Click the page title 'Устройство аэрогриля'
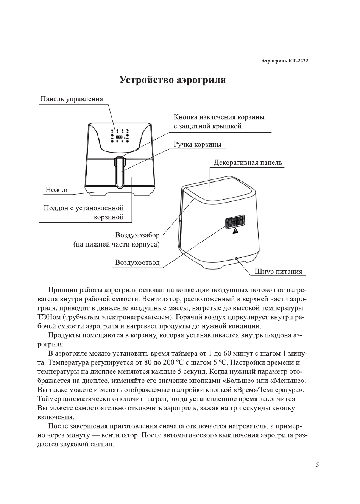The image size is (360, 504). click(x=173, y=80)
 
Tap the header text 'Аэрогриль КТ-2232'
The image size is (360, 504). click(x=284, y=61)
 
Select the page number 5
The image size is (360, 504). click(x=317, y=465)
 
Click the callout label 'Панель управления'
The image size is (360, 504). click(x=72, y=99)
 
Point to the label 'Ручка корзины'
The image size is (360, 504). click(x=197, y=145)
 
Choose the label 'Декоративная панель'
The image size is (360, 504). click(x=248, y=163)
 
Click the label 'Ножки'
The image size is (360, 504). click(x=56, y=190)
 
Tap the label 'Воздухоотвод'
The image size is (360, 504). click(x=137, y=263)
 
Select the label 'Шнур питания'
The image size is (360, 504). click(x=279, y=272)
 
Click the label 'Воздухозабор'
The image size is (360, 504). click(x=137, y=235)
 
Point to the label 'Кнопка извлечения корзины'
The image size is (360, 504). click(x=219, y=117)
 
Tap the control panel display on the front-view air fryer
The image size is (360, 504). click(x=120, y=137)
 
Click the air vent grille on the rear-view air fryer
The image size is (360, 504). click(x=234, y=222)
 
